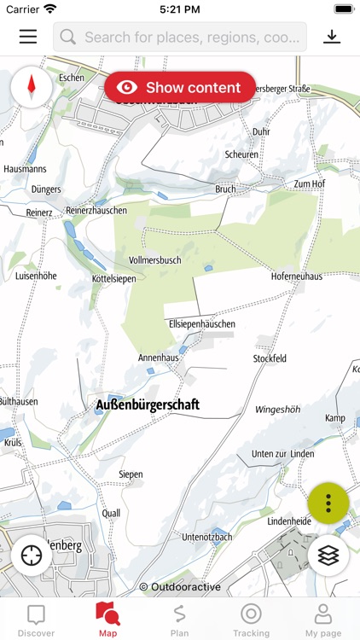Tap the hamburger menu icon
[x=28, y=37]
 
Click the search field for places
[x=180, y=38]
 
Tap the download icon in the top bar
[x=332, y=37]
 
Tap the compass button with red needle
[x=32, y=86]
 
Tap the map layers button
[x=328, y=555]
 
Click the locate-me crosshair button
[x=32, y=555]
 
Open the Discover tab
[x=36, y=620]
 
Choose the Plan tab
[x=179, y=620]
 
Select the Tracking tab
[x=251, y=620]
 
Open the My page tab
[x=323, y=620]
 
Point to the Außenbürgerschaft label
[x=148, y=405]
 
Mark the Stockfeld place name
[x=270, y=359]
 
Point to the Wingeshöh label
[x=278, y=410]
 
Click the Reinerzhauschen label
[x=96, y=211]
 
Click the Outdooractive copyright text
[x=180, y=587]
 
